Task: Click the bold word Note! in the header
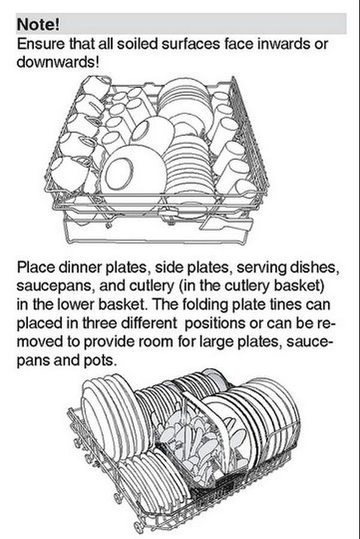(38, 25)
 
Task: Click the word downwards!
(58, 62)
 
